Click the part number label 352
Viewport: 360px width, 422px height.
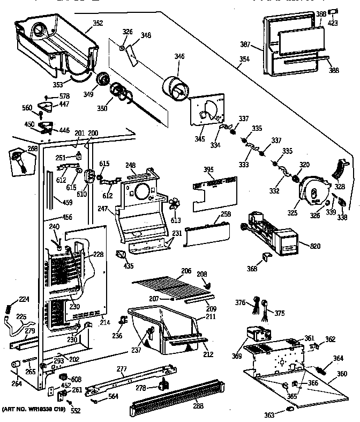(x=98, y=23)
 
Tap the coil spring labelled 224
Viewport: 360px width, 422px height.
(x=9, y=309)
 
